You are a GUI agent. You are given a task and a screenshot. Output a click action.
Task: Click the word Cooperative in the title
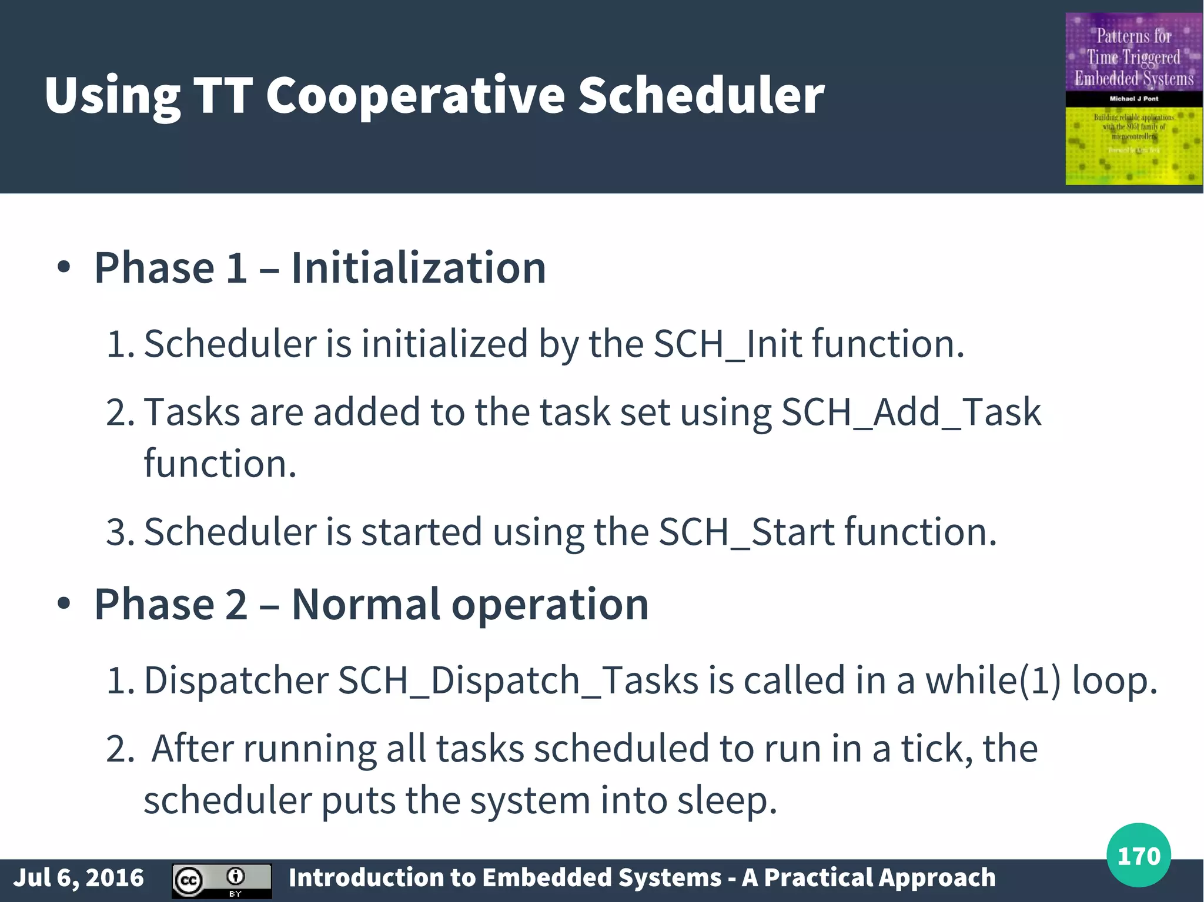pyautogui.click(x=416, y=96)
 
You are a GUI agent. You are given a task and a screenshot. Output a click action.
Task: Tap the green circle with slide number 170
pyautogui.click(x=1138, y=856)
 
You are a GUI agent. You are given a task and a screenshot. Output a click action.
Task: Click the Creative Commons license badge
pyautogui.click(x=222, y=880)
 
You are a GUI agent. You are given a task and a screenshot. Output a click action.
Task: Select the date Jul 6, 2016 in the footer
pyautogui.click(x=78, y=878)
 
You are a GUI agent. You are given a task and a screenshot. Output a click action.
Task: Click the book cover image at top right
pyautogui.click(x=1133, y=99)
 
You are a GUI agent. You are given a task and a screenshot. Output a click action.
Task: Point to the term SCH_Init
pyautogui.click(x=728, y=344)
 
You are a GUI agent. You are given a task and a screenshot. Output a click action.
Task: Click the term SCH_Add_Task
pyautogui.click(x=911, y=413)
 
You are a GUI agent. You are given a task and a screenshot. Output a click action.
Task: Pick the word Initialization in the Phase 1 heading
pyautogui.click(x=419, y=269)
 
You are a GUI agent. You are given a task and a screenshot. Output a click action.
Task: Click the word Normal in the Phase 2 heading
pyautogui.click(x=366, y=605)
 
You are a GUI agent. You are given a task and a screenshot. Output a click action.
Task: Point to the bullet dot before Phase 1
pyautogui.click(x=64, y=269)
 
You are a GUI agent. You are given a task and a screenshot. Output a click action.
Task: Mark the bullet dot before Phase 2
pyautogui.click(x=64, y=604)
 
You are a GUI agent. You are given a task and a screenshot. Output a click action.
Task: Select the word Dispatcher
pyautogui.click(x=236, y=681)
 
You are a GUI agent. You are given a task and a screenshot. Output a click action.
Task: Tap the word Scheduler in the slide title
pyautogui.click(x=701, y=96)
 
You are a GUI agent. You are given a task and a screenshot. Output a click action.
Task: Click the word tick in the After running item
pyautogui.click(x=936, y=749)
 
